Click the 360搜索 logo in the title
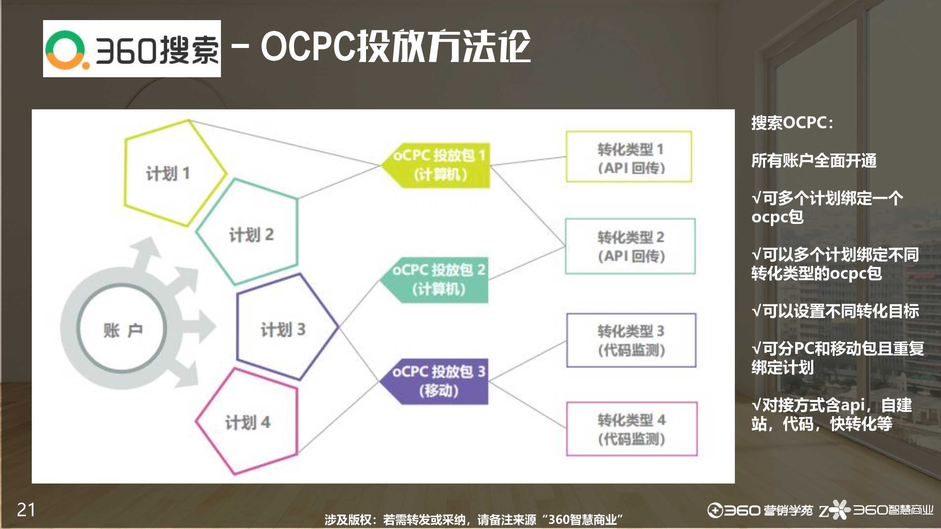[132, 49]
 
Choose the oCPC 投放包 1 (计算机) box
[435, 165]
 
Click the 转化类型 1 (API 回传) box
[629, 156]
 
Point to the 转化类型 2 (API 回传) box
[630, 246]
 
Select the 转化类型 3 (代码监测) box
[631, 340]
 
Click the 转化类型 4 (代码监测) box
[631, 429]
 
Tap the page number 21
[26, 510]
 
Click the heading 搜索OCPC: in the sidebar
[792, 123]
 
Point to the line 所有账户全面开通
[814, 160]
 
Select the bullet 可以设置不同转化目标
[835, 311]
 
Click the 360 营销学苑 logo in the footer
[760, 510]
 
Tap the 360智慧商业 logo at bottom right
[876, 509]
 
